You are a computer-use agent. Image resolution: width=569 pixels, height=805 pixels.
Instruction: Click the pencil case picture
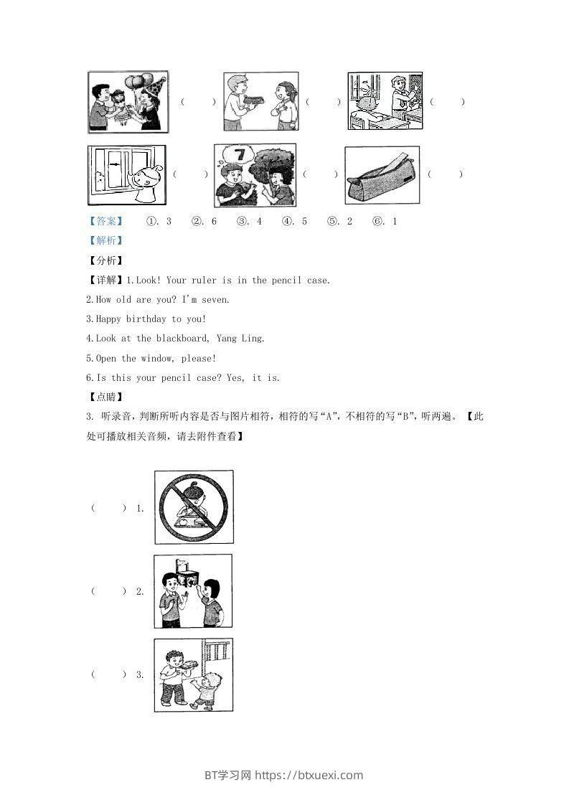382,175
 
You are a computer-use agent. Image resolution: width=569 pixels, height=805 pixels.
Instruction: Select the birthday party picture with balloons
128,102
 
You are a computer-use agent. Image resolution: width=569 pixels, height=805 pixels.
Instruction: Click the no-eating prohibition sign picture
194,507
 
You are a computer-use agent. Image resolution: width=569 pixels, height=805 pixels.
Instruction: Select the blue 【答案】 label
105,222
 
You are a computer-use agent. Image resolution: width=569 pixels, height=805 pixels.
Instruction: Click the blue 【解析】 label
105,241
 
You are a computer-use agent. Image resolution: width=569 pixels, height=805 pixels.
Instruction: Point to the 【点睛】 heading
105,397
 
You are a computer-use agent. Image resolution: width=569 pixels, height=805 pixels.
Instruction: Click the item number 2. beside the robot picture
140,591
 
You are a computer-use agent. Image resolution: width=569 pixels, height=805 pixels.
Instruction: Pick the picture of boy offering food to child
193,674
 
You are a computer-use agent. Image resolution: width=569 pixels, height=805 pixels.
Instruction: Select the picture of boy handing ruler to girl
260,101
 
